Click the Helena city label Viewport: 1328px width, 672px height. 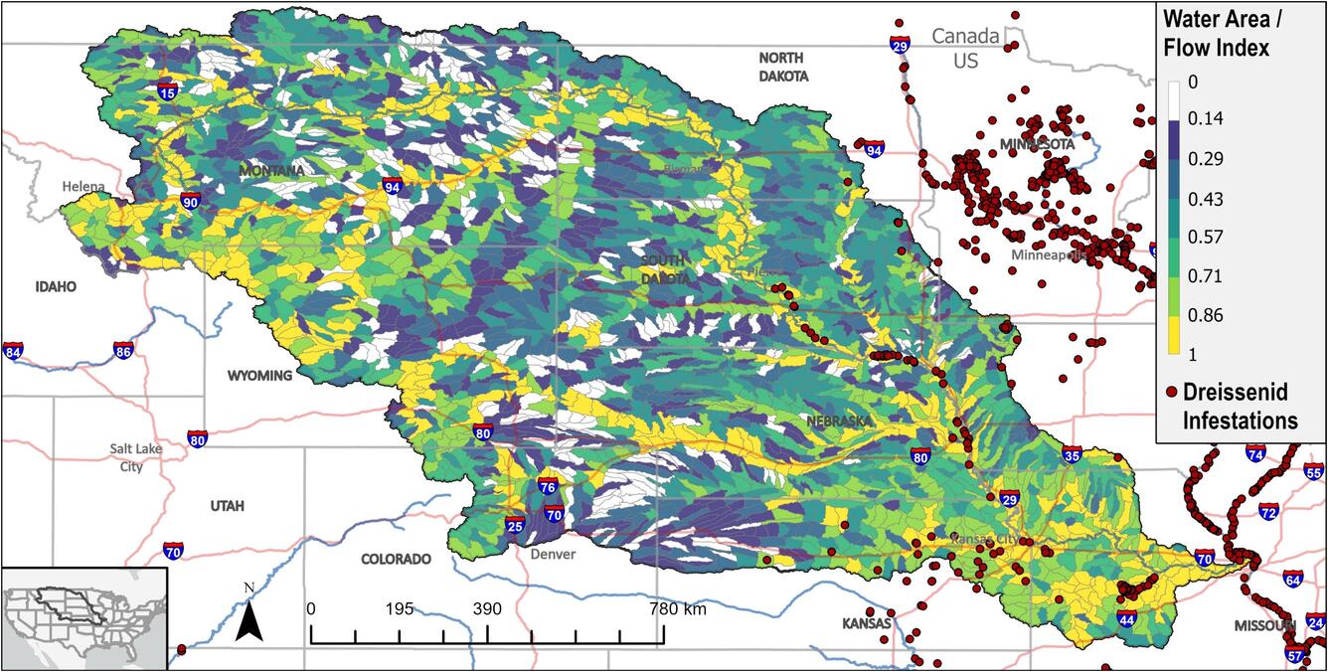[83, 186]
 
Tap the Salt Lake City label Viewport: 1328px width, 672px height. [136, 457]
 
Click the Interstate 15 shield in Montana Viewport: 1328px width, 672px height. [167, 90]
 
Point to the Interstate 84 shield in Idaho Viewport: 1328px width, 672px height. [13, 351]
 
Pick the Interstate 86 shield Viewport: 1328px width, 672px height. [122, 351]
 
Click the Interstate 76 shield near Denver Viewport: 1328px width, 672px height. [547, 487]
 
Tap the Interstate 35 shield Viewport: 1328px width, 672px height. [1071, 455]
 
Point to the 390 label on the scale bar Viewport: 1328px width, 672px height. [487, 608]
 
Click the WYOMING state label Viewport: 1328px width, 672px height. [259, 376]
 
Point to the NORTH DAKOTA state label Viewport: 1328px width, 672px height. [783, 67]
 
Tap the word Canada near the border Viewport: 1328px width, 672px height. [964, 37]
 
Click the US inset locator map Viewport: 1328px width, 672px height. [83, 617]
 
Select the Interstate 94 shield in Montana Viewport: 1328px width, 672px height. [392, 186]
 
